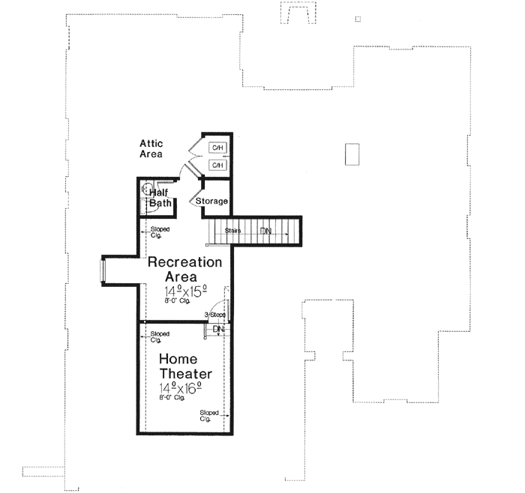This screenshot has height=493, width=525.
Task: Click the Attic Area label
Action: click(x=151, y=148)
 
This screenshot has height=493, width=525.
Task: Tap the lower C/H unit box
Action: click(x=218, y=164)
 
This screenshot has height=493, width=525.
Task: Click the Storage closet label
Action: click(x=211, y=202)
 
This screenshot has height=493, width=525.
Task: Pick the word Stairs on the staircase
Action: click(x=232, y=231)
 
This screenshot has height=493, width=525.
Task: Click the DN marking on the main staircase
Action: click(x=265, y=231)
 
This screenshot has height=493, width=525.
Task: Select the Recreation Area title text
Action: click(x=184, y=270)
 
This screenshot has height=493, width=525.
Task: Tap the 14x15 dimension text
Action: click(x=185, y=291)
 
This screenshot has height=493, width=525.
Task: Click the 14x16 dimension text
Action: click(x=181, y=388)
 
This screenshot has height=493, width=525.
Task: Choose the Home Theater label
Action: click(x=184, y=366)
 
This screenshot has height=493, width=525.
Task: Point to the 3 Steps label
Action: click(x=214, y=315)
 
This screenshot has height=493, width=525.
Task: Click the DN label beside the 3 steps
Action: click(x=218, y=329)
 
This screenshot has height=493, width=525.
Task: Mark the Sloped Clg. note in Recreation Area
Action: click(x=160, y=231)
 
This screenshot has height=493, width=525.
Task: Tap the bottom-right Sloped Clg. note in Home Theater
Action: click(x=209, y=415)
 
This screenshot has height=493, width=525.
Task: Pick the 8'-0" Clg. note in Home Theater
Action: click(x=172, y=399)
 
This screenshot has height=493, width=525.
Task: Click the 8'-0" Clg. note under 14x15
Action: click(x=177, y=301)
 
